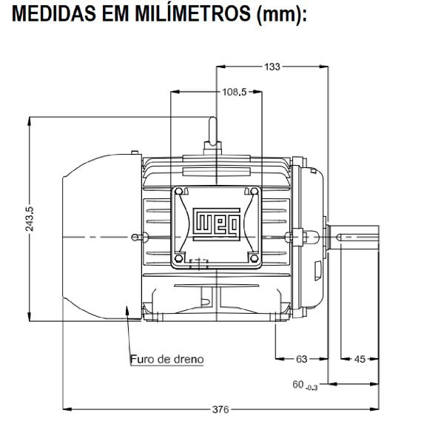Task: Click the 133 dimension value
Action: click(272, 67)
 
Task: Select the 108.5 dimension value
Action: click(234, 92)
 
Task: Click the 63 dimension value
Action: click(301, 359)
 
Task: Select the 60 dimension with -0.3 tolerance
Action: click(304, 385)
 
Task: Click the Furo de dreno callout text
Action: click(166, 359)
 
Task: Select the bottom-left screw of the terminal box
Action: click(181, 258)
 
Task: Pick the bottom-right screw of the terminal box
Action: click(253, 258)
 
